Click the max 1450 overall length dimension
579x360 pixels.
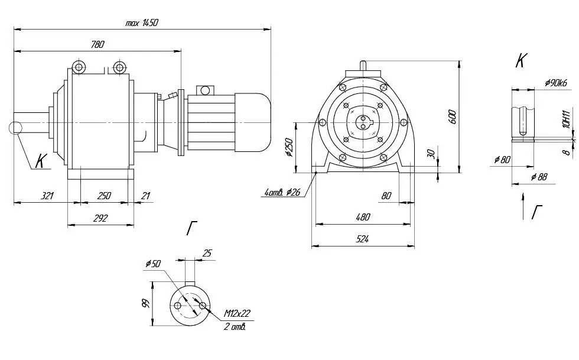point(142,22)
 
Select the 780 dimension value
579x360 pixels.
point(97,44)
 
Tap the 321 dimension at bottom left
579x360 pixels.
point(47,196)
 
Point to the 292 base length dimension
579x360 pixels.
point(100,218)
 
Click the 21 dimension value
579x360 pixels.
point(146,196)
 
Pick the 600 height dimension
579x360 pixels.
point(453,117)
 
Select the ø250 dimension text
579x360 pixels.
point(288,148)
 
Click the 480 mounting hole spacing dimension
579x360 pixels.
point(363,217)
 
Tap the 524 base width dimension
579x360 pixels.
point(362,239)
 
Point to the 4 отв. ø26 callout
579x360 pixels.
point(282,192)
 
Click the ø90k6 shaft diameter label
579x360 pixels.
point(556,83)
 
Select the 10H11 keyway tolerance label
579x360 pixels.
point(567,119)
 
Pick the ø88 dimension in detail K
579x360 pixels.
point(539,177)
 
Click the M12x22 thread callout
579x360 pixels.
point(237,314)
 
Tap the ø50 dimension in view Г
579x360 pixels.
point(153,264)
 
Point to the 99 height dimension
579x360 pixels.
point(147,304)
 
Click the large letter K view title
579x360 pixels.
point(521,61)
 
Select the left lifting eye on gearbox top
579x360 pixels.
point(79,67)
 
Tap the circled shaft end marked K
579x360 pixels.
point(15,128)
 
